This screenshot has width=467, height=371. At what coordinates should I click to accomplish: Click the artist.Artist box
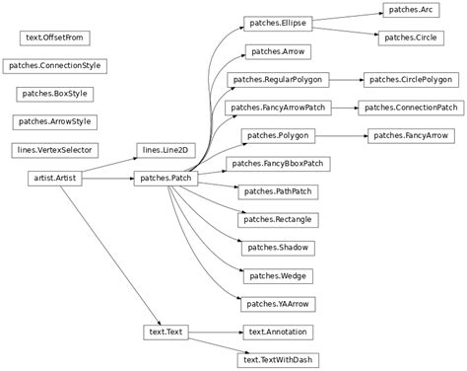point(53,179)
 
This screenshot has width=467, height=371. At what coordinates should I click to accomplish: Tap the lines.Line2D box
point(164,150)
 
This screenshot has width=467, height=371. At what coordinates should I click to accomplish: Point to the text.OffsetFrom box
point(53,37)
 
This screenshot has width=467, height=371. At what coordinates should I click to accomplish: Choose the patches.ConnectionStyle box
point(53,65)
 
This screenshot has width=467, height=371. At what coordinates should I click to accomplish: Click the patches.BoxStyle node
point(53,94)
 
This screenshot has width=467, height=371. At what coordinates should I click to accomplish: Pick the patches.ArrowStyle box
point(53,121)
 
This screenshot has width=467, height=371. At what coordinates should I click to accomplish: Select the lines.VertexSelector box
point(53,150)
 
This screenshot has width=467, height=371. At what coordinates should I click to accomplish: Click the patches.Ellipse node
point(277,22)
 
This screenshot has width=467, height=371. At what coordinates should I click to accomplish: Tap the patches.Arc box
point(410,9)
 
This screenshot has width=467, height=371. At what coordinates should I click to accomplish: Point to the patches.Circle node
point(410,37)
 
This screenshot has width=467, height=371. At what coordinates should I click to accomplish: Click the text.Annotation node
point(277,334)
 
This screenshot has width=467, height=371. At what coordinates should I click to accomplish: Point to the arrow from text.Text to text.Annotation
point(212,334)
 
